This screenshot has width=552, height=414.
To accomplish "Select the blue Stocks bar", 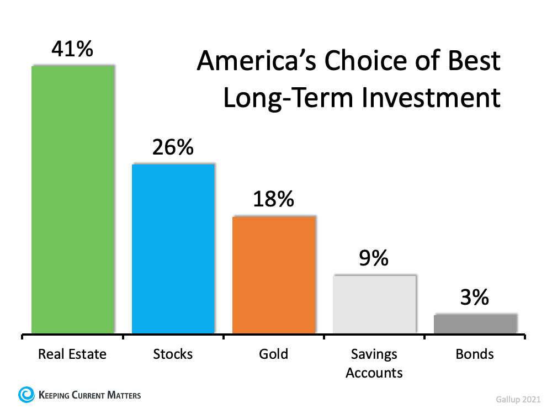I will click(173, 248).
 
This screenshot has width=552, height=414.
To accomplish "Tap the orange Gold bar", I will click(274, 275).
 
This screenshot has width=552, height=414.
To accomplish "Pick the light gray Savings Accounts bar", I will click(374, 304).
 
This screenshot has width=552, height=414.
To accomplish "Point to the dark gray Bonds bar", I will click(475, 323).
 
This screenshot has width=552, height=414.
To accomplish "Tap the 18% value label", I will click(273, 199).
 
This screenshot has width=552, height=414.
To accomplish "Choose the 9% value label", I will click(374, 258).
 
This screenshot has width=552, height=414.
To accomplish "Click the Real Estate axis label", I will click(72, 354).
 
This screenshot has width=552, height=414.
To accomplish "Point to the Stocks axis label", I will click(173, 354).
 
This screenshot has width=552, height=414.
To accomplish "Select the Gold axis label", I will click(273, 354).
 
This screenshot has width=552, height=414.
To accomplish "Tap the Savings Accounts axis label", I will click(374, 363).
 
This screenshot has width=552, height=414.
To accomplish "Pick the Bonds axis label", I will click(475, 354).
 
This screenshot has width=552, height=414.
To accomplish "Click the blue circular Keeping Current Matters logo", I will click(26, 394).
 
